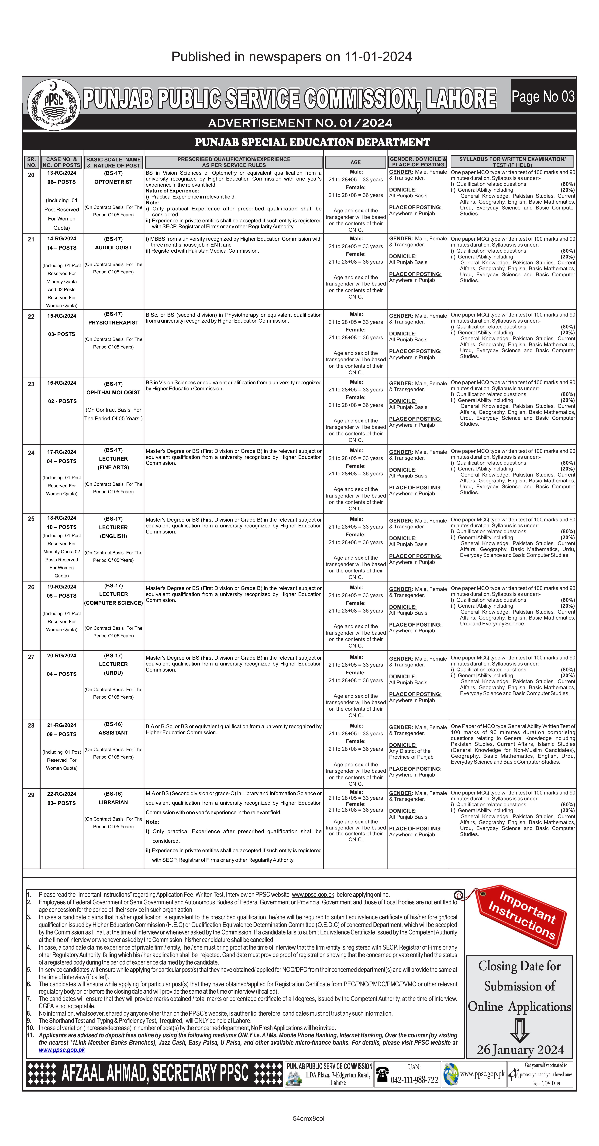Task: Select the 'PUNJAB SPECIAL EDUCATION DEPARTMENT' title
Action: coord(312,142)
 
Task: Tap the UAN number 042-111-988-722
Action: coord(414,1080)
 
